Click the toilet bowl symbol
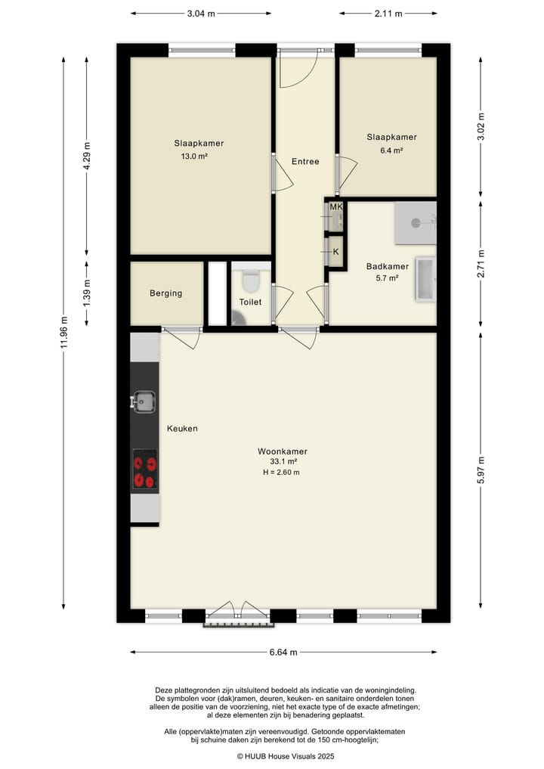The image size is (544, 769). [x=251, y=281]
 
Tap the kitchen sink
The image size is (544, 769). [x=144, y=401]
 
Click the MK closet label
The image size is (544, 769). [x=335, y=206]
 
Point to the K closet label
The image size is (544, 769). [x=335, y=251]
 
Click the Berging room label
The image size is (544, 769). [x=165, y=293]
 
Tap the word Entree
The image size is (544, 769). [x=305, y=161]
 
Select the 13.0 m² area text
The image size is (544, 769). [x=193, y=157]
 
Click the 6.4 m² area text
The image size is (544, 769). [x=391, y=150]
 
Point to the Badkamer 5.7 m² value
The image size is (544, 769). [x=387, y=278]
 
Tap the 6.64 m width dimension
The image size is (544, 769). [x=283, y=652]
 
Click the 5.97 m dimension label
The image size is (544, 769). [x=481, y=474]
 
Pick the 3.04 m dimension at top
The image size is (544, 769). [x=200, y=13]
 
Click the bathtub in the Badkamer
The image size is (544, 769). [x=426, y=280]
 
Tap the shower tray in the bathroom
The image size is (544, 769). [x=415, y=222]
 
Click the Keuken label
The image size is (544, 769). [x=182, y=429]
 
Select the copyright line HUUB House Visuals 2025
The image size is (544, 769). [x=286, y=755]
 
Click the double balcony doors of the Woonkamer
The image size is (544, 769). [x=236, y=612]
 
